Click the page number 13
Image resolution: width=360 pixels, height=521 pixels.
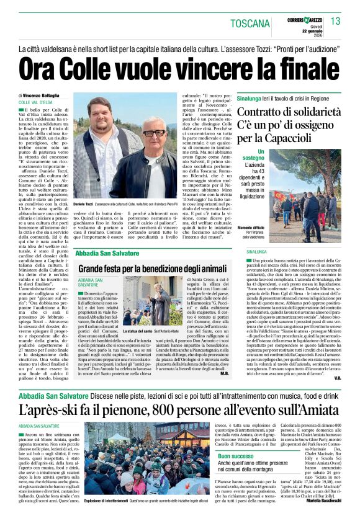[x=336, y=22]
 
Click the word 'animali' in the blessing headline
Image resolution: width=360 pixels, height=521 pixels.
[x=207, y=269]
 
